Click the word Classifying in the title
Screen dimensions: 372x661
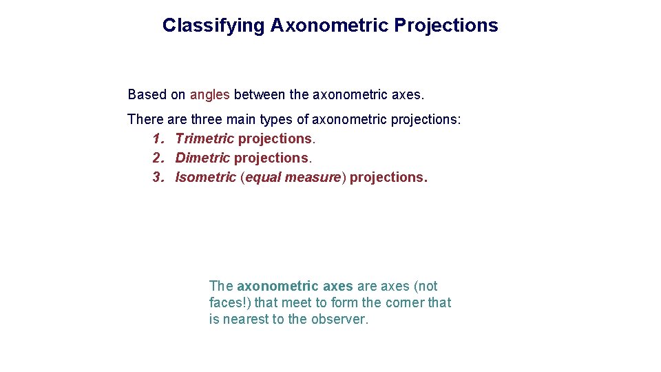(x=213, y=25)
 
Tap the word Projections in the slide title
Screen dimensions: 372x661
(x=446, y=25)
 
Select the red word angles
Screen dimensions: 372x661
(x=209, y=94)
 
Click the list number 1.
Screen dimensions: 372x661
(x=158, y=138)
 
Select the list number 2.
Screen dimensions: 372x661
(x=158, y=158)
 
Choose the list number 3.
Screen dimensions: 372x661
(x=158, y=177)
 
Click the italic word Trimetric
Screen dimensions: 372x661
(x=204, y=138)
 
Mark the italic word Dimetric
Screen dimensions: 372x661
(x=202, y=158)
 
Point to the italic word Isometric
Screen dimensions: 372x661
(x=205, y=177)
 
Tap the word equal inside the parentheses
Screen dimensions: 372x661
(x=262, y=177)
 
